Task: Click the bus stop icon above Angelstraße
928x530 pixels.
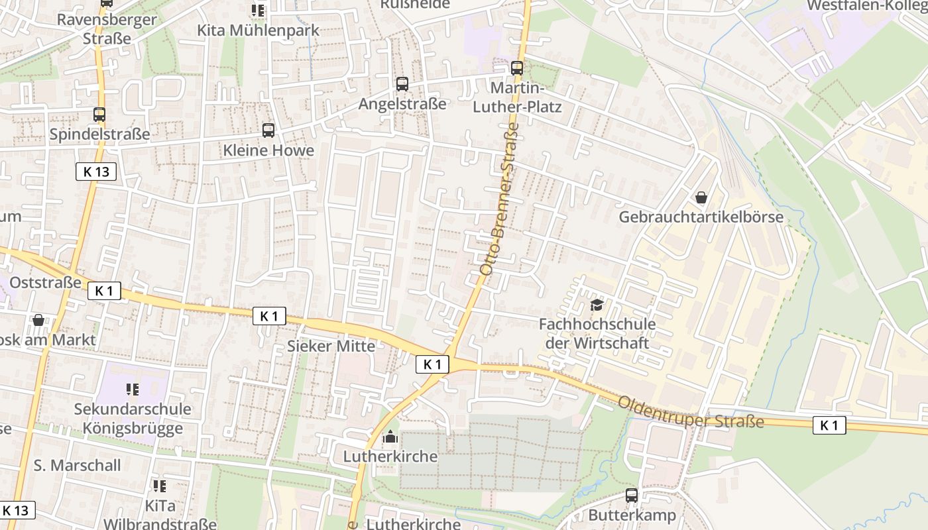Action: tap(402, 84)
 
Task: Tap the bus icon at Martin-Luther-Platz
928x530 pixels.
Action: tap(517, 68)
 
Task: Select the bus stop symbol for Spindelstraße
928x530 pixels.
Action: tap(99, 115)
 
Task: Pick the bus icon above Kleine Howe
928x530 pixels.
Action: tap(268, 131)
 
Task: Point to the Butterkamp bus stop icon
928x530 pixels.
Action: tap(632, 496)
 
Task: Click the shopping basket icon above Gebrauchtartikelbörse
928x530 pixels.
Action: tap(701, 197)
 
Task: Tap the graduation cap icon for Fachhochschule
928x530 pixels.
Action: tap(597, 305)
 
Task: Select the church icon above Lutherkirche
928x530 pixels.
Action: tap(390, 437)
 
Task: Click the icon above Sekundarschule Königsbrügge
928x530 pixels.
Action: tap(132, 390)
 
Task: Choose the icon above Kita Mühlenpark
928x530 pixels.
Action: tap(257, 11)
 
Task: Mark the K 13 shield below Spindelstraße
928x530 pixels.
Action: tap(96, 172)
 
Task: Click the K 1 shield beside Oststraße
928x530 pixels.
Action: tap(104, 290)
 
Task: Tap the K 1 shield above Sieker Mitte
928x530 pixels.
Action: tap(269, 316)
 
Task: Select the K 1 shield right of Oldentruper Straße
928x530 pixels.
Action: tap(829, 425)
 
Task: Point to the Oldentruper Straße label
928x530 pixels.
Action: tap(691, 412)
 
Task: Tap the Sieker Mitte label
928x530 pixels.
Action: tap(331, 346)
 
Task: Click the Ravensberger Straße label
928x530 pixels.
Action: tap(107, 28)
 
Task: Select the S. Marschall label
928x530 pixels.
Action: tap(77, 465)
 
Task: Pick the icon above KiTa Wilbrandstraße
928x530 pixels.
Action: tap(160, 487)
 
